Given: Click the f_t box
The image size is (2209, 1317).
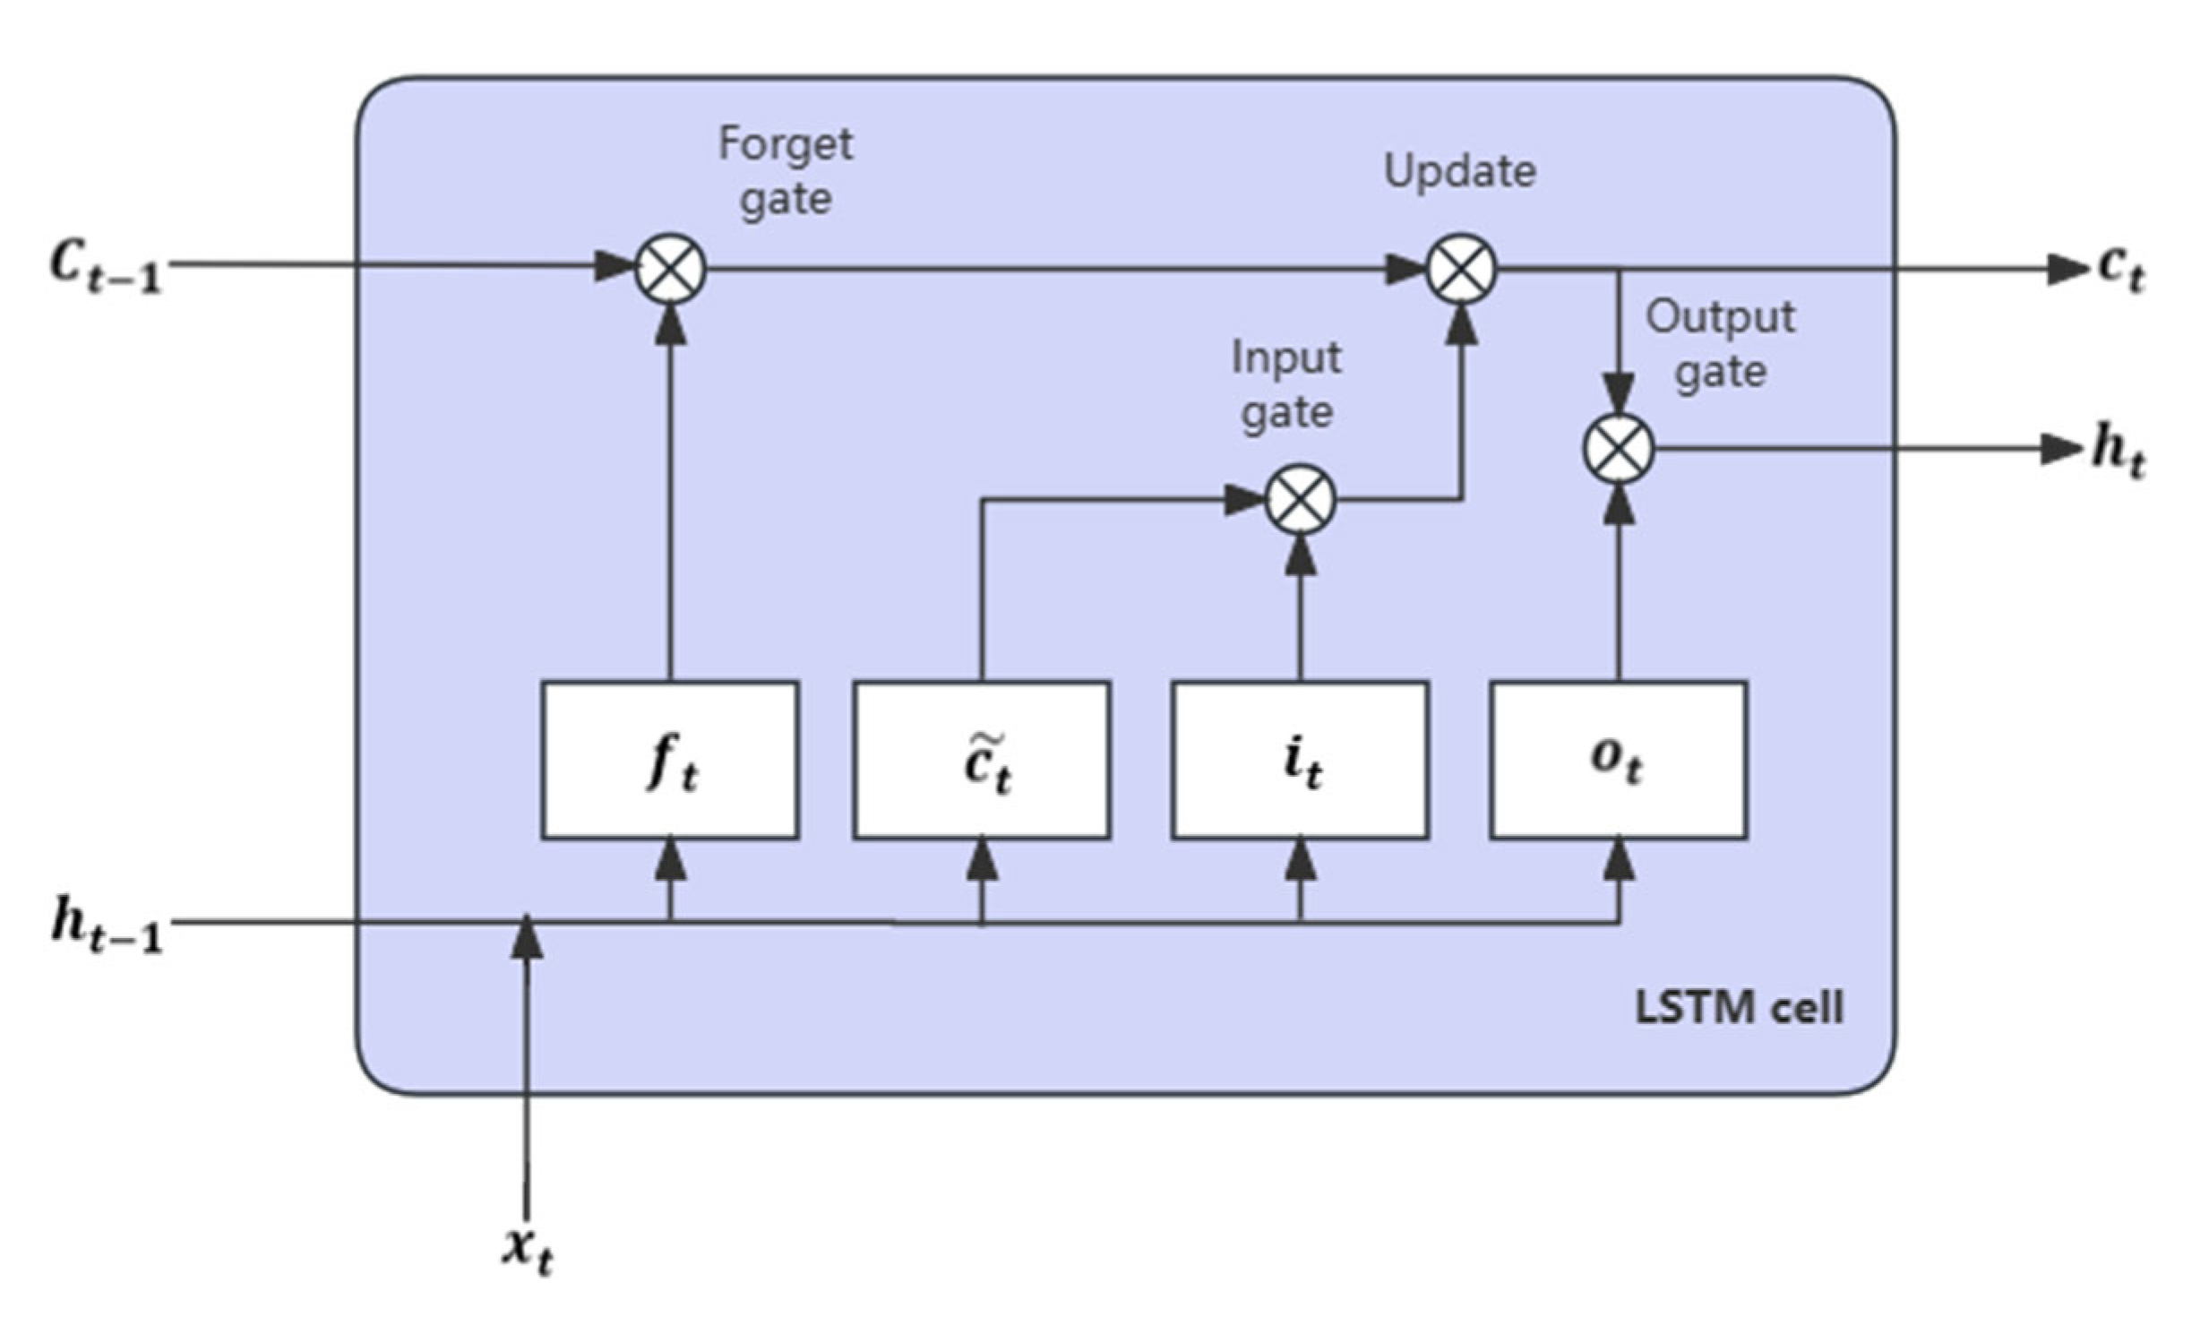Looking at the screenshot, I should point(670,761).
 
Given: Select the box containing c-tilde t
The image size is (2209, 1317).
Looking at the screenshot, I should point(982,761).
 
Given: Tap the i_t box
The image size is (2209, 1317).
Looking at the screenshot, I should point(1300,761).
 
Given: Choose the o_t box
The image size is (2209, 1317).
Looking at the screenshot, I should point(1618,761).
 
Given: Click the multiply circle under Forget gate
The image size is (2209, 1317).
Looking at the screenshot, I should point(670,269).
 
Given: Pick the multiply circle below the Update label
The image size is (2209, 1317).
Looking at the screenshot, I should point(1461,269).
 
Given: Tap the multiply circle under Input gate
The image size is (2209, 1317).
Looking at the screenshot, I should point(1300,500).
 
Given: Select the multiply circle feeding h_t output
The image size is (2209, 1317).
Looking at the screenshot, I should point(1618,449).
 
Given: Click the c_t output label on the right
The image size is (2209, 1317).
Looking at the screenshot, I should point(2121,269).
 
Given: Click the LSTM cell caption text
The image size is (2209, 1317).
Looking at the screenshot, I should point(1739,1008).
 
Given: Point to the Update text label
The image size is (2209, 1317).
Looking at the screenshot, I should point(1459,170).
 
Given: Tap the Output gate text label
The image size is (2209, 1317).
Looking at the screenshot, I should point(1720,343).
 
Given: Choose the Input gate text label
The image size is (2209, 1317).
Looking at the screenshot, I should point(1286,385).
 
